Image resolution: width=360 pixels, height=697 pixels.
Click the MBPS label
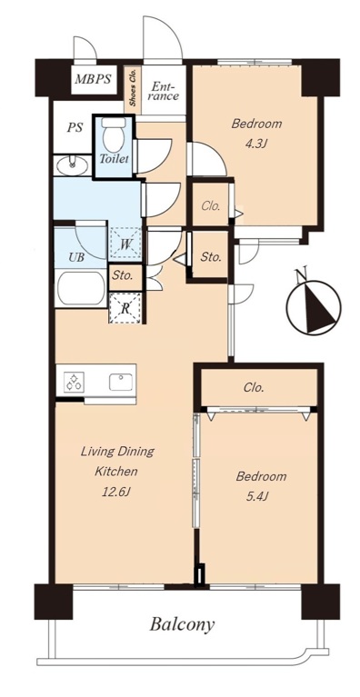click(x=93, y=80)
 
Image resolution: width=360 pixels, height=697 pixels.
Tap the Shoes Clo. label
click(x=133, y=87)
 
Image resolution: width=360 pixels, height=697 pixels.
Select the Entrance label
click(x=162, y=91)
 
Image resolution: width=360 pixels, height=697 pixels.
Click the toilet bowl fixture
click(x=112, y=134)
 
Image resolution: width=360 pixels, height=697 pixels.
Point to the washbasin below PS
click(x=71, y=166)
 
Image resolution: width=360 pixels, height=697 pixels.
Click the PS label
click(x=75, y=128)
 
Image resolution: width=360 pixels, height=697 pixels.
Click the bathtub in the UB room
click(x=81, y=288)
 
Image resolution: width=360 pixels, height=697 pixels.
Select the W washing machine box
click(x=125, y=244)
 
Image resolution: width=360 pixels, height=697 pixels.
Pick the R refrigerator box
click(x=125, y=308)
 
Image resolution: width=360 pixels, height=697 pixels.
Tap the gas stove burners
click(x=73, y=382)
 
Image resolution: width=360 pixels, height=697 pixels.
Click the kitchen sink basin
click(x=121, y=382)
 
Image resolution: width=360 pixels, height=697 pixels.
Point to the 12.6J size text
click(x=118, y=492)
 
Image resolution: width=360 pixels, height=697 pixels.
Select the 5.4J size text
click(x=260, y=496)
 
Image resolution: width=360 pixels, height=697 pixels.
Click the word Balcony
click(x=182, y=624)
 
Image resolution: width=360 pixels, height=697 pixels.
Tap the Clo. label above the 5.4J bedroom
click(x=254, y=387)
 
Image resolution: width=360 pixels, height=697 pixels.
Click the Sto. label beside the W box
click(x=122, y=275)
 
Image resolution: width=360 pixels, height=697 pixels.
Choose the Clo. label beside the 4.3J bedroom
click(x=212, y=206)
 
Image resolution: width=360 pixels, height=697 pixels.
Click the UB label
click(x=76, y=257)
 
